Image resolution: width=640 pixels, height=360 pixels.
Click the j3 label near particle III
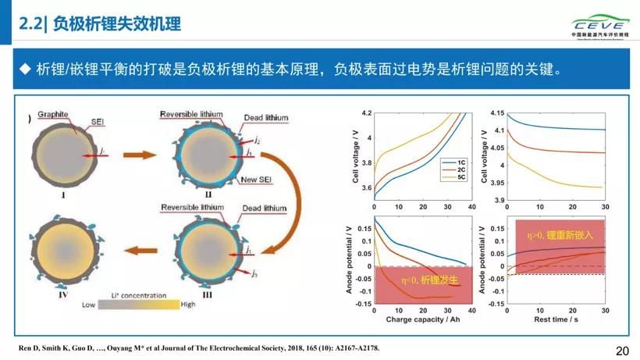pyautogui.click(x=254, y=273)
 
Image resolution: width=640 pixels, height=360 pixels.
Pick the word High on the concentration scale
pyautogui.click(x=188, y=305)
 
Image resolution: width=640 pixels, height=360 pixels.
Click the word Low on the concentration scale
pyautogui.click(x=88, y=305)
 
